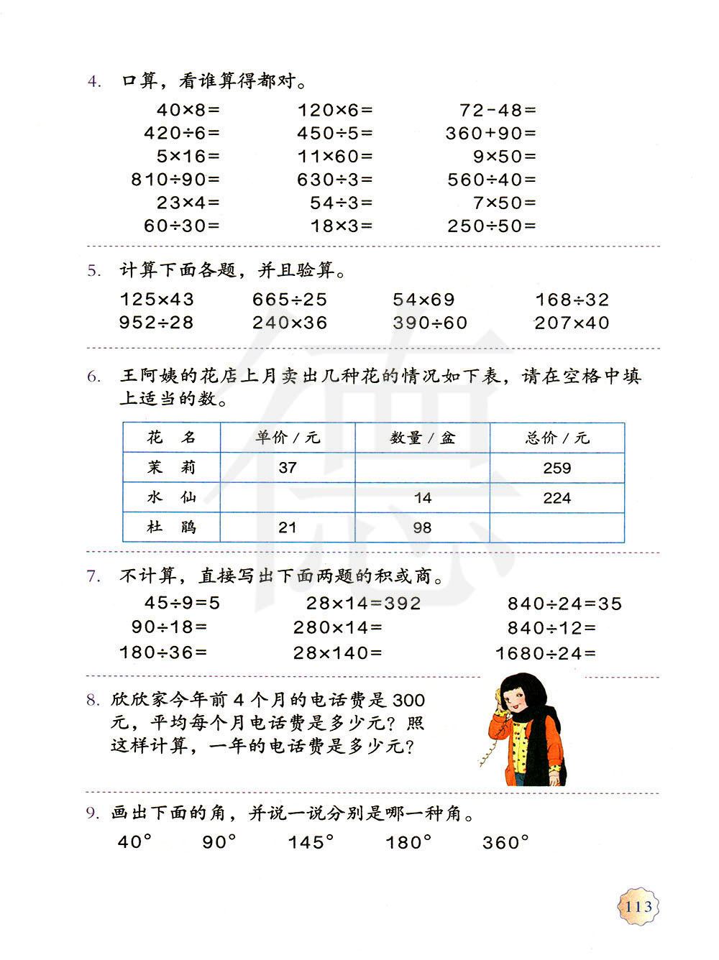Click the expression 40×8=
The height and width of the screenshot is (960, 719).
coord(188,110)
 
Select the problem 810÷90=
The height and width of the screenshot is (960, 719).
coord(175,180)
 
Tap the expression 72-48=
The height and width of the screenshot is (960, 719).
coord(498,110)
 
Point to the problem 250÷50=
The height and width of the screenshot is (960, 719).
coord(492,226)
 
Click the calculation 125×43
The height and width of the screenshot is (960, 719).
coord(157,300)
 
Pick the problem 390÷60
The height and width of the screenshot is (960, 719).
coord(430,323)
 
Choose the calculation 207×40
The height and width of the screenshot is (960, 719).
coord(572,323)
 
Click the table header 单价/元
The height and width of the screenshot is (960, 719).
coord(288,438)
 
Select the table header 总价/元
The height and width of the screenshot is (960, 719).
coord(557,438)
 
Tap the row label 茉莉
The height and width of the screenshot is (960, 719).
coord(171,468)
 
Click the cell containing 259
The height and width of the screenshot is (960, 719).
coord(557,469)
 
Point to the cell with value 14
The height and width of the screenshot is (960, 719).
coord(423,498)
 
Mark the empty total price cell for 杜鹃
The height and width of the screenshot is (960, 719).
coord(557,527)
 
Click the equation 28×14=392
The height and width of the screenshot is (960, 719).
coord(364,604)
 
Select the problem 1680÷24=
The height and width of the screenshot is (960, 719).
coord(546,653)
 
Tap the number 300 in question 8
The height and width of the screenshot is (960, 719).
coord(409,700)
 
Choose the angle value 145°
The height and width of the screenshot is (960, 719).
coord(311,842)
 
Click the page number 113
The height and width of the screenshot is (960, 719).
coord(638,907)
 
